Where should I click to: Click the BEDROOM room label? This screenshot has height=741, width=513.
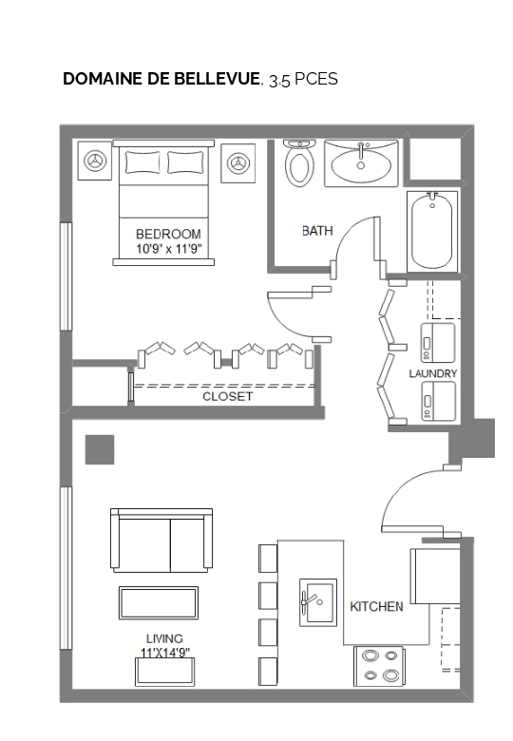pos(168,234)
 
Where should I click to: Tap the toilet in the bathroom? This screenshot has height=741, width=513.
pos(299,162)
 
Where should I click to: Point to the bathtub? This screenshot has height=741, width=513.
pos(432,232)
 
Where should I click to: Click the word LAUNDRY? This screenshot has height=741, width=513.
pos(432,373)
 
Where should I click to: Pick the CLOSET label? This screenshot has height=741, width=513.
pos(228,396)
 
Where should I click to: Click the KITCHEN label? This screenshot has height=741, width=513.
pos(376,606)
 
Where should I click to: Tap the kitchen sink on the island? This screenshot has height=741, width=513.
pos(318,602)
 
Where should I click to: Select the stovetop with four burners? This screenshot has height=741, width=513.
pos(379,666)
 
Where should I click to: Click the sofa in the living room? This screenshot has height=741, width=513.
pos(161,541)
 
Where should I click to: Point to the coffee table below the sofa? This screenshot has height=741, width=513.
pos(159,602)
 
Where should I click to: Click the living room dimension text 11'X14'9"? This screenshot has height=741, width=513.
pos(165,652)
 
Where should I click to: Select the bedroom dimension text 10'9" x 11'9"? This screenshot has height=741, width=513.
pos(169,249)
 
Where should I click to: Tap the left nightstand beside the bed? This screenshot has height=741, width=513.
pos(94,161)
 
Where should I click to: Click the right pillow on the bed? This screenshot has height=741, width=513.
pos(186,162)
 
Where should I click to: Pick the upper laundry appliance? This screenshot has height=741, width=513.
pos(438,343)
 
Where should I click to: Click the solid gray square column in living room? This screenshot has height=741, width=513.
pos(100,449)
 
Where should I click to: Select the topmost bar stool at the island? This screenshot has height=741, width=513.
pos(268,558)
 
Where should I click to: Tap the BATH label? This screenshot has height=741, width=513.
pos(317,231)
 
